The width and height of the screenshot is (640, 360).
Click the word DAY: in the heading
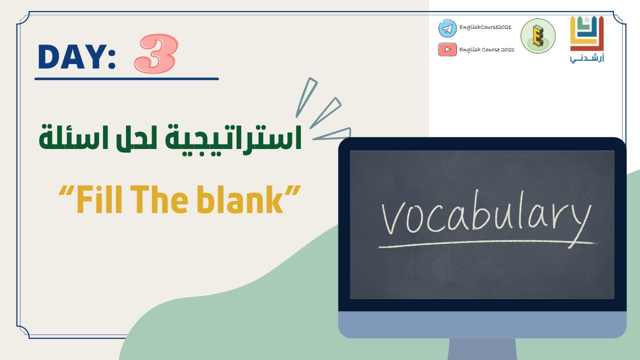tap(76, 57)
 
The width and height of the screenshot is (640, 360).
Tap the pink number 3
tap(155, 53)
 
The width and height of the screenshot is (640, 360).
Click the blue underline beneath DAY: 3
tap(126, 78)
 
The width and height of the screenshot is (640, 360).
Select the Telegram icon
tap(447, 28)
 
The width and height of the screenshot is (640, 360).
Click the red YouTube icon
tap(447, 49)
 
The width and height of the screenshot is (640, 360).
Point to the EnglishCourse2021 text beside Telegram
tap(484, 27)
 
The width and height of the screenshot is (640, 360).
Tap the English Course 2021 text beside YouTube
tap(486, 49)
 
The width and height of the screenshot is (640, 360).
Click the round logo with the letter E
tap(538, 36)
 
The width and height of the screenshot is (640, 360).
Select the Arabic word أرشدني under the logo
tap(587, 59)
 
